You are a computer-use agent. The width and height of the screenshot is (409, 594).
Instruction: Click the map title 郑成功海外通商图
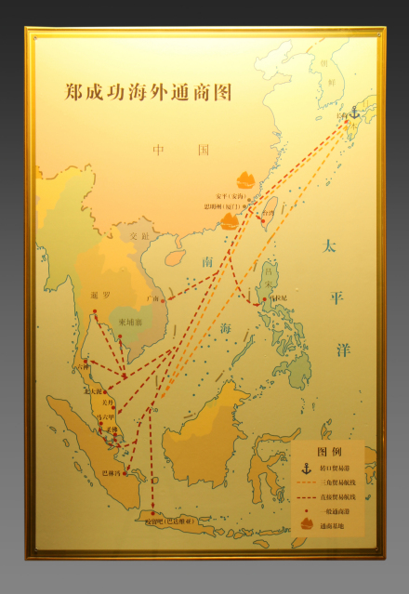coord(149,93)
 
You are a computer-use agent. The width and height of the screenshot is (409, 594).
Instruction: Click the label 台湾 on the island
coord(266,212)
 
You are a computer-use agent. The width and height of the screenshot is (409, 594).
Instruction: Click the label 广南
coord(153,299)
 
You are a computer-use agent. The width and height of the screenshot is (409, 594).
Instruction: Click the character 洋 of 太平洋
coord(343,350)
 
